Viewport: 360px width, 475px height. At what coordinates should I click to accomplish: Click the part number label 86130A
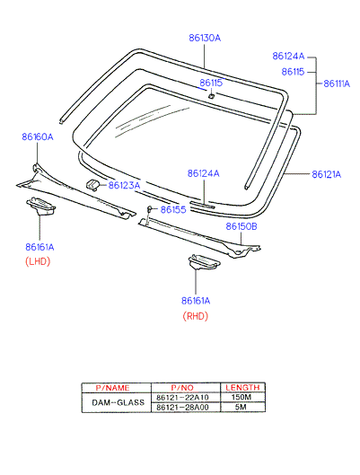pyautogui.click(x=205, y=38)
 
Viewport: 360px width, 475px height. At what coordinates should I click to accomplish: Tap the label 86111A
pyautogui.click(x=337, y=84)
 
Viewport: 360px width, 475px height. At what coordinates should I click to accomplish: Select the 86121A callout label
pyautogui.click(x=327, y=174)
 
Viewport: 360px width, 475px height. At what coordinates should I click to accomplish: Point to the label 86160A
pyautogui.click(x=38, y=136)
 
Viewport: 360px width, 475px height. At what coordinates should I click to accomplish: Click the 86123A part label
pyautogui.click(x=125, y=185)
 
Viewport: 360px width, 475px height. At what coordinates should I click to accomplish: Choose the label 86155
pyautogui.click(x=173, y=209)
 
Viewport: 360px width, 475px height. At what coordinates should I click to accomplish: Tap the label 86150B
pyautogui.click(x=241, y=226)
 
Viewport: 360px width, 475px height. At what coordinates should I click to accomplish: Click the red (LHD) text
pyautogui.click(x=38, y=261)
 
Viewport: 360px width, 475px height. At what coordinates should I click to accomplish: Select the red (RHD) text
pyautogui.click(x=196, y=316)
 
